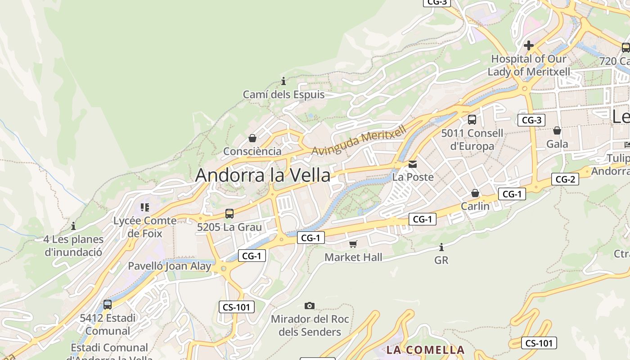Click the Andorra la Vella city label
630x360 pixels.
[263, 175]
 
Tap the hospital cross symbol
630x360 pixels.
[529, 45]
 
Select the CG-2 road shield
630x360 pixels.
[565, 179]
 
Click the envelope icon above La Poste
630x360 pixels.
[413, 164]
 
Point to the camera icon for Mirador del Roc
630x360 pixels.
[310, 306]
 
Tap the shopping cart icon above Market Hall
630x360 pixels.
[353, 244]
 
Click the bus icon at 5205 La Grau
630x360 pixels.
[229, 214]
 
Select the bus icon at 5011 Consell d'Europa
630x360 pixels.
[472, 120]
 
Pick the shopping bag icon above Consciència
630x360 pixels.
[252, 138]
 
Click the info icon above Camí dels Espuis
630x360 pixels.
[283, 81]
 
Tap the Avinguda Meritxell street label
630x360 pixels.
[359, 139]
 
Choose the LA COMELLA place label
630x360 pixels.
[425, 350]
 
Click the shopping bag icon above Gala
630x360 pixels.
[557, 130]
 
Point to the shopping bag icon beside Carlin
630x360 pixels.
[475, 193]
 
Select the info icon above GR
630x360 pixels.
[441, 247]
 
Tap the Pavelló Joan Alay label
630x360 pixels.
[169, 266]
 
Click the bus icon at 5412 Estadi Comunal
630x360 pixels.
[108, 305]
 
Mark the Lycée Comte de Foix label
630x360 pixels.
[145, 227]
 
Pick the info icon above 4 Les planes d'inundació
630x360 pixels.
[73, 226]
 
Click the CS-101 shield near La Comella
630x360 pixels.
[539, 343]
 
